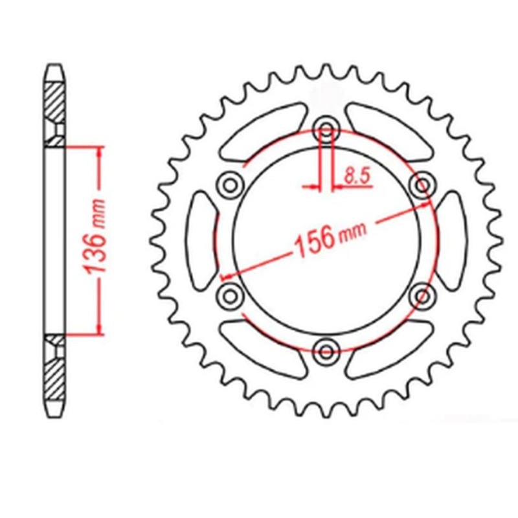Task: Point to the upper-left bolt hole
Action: pos(230,185)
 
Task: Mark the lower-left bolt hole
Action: pos(230,296)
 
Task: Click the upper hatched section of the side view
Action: pos(55,97)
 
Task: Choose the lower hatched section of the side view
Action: pos(55,382)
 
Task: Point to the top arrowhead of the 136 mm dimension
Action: pos(99,151)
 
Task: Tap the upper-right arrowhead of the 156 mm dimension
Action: pos(426,205)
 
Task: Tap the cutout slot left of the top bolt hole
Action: pos(262,133)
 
